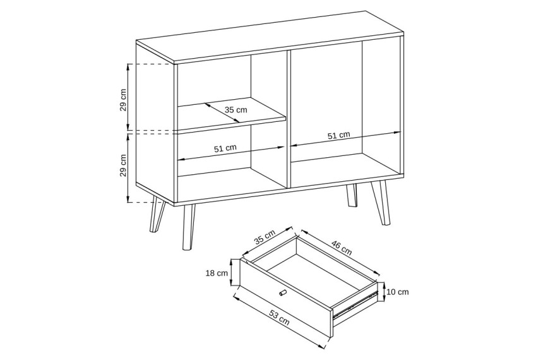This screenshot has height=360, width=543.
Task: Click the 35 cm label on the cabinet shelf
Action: (236, 110)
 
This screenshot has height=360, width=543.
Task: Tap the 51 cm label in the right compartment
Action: (338, 135)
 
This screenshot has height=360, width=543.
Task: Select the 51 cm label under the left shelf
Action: (225, 148)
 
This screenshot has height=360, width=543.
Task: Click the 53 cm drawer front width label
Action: (279, 318)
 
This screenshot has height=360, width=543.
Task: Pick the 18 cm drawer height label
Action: (217, 273)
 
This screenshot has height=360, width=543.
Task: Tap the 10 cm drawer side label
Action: (398, 292)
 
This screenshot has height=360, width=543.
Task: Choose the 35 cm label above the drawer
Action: (265, 237)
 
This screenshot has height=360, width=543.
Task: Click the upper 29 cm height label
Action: (123, 100)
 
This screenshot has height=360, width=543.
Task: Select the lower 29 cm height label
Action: (123, 165)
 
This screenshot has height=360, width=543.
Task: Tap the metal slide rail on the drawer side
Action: (355, 304)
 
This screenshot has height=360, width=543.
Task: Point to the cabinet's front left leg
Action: (188, 227)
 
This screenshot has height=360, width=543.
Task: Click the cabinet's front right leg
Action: (381, 203)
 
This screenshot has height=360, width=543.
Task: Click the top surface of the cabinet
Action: (270, 37)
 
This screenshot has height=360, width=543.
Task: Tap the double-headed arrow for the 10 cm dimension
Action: (383, 292)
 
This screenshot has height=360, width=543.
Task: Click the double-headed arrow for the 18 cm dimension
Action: (232, 273)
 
